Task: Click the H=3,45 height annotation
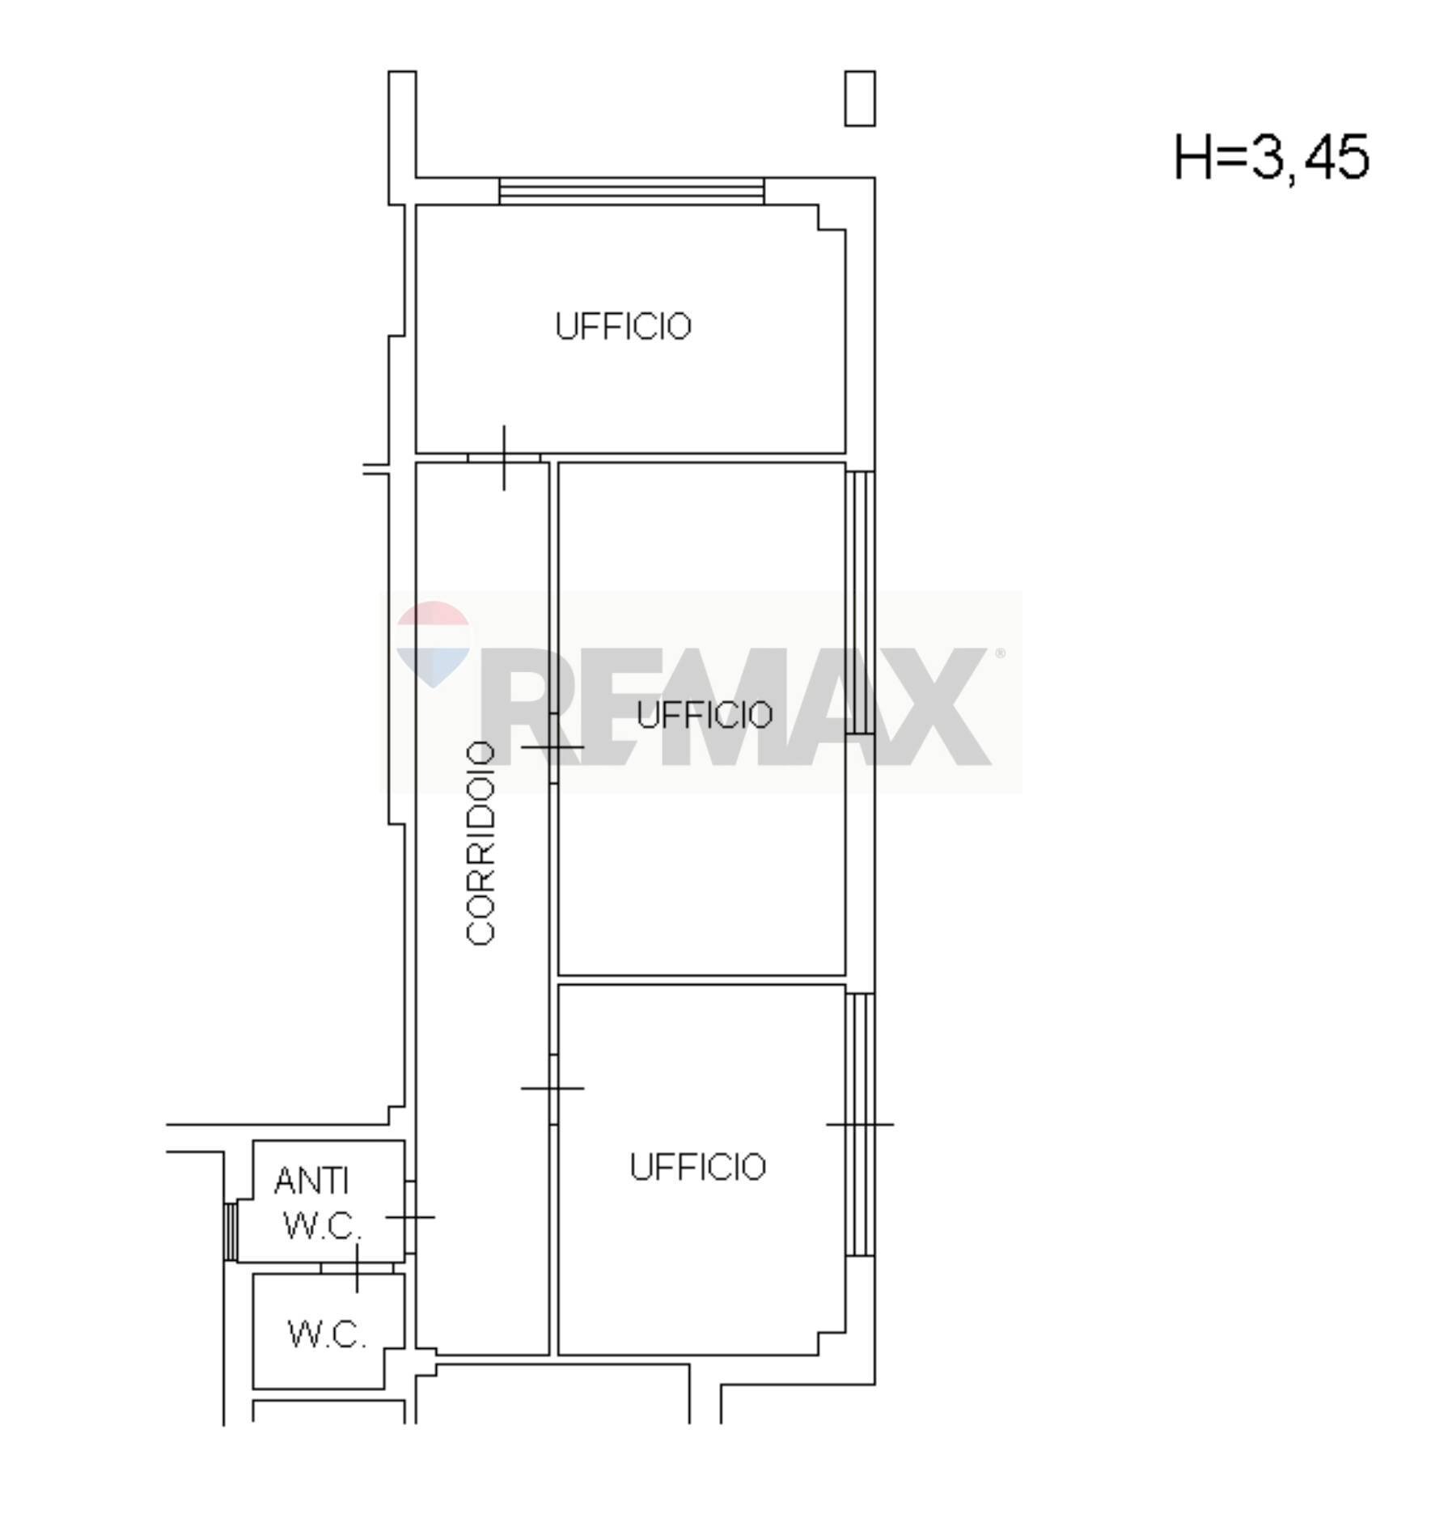pos(1271,157)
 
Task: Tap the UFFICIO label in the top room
pos(623,327)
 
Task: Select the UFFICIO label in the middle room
pos(705,715)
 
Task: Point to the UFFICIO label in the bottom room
pos(697,1167)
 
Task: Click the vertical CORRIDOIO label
pos(481,843)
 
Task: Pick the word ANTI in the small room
pos(311,1181)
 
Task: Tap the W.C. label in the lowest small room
pos(328,1334)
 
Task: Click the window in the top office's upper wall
pos(631,191)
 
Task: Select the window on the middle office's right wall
pos(860,603)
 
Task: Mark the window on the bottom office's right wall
pos(860,1125)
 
